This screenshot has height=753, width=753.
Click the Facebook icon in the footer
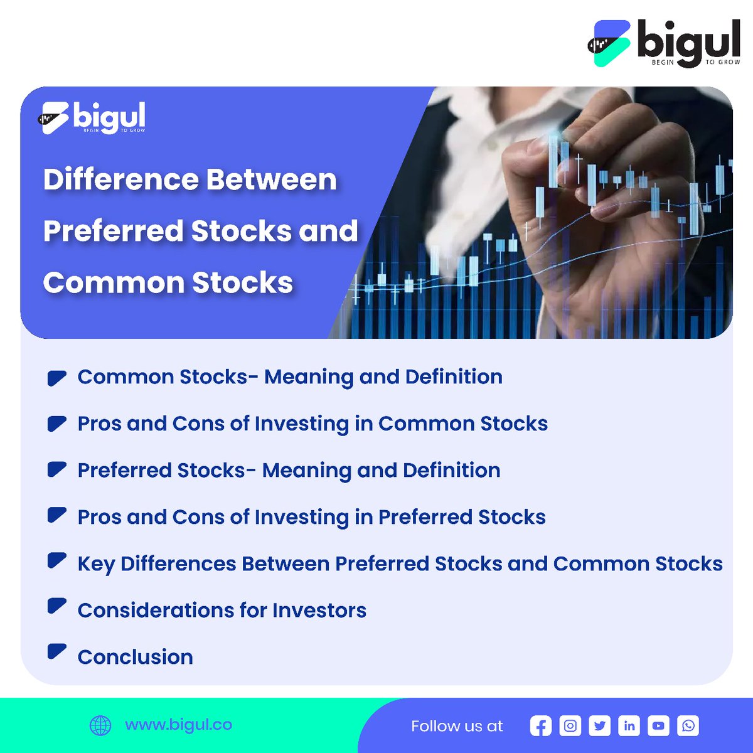(540, 726)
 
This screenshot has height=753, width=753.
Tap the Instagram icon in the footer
(570, 726)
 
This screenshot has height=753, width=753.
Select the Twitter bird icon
(600, 726)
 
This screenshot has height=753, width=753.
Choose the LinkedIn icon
(629, 726)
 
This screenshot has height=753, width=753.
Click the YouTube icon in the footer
(658, 726)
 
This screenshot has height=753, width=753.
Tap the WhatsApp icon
(688, 726)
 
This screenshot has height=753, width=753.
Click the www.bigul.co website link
(178, 725)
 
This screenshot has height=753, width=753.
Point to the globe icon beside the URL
(100, 725)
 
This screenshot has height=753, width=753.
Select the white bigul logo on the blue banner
(93, 117)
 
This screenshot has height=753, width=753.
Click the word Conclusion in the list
(135, 657)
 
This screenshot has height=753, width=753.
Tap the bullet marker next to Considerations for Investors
(56, 606)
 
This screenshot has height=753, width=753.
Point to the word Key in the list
(95, 564)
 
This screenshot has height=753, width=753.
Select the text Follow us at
(457, 726)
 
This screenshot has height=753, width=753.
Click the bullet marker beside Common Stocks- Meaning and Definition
(56, 378)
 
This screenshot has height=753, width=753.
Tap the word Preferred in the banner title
(113, 231)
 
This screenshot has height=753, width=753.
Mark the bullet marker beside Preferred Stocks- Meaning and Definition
(56, 469)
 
